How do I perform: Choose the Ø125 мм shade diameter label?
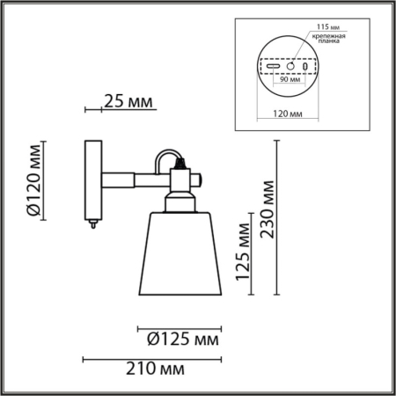coord(180,337)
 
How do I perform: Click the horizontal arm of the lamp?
coord(132,179)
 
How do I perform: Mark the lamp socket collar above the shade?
coord(180,204)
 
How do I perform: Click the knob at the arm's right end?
coord(201,179)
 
